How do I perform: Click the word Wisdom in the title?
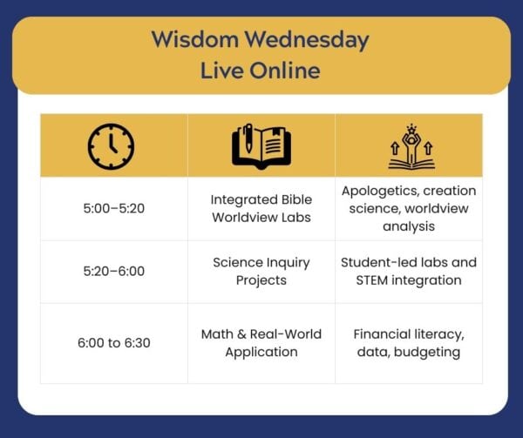(195, 39)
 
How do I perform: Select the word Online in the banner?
(285, 71)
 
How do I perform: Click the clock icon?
(111, 146)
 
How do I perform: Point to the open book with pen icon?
(261, 146)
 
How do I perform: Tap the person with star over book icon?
(411, 146)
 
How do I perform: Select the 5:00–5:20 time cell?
(113, 208)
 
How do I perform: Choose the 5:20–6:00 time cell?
(113, 271)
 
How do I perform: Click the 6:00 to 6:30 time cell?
(113, 343)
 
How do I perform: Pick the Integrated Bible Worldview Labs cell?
(261, 208)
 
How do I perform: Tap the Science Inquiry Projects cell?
(261, 272)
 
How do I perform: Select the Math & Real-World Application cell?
(261, 343)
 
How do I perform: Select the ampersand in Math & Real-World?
(241, 334)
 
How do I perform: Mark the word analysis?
(409, 226)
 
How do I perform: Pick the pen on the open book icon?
(248, 138)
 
